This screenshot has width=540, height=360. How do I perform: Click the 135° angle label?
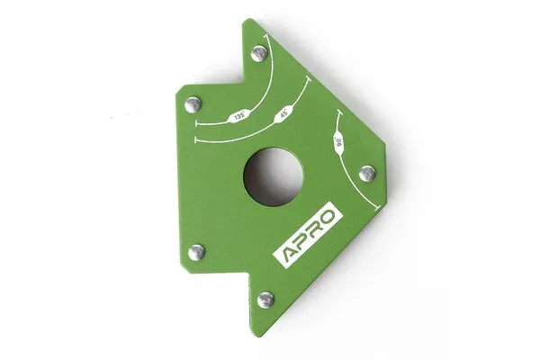tap(239, 116)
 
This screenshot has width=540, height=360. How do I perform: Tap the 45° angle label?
tap(283, 114)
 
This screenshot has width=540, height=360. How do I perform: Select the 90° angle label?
tap(338, 142)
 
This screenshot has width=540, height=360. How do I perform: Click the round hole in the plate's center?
tap(274, 176)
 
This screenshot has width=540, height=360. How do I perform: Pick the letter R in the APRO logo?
tap(315, 229)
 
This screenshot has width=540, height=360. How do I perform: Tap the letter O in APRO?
tap(328, 217)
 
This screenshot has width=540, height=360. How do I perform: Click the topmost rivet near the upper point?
tap(259, 54)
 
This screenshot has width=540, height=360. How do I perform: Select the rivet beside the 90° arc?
tap(367, 174)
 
